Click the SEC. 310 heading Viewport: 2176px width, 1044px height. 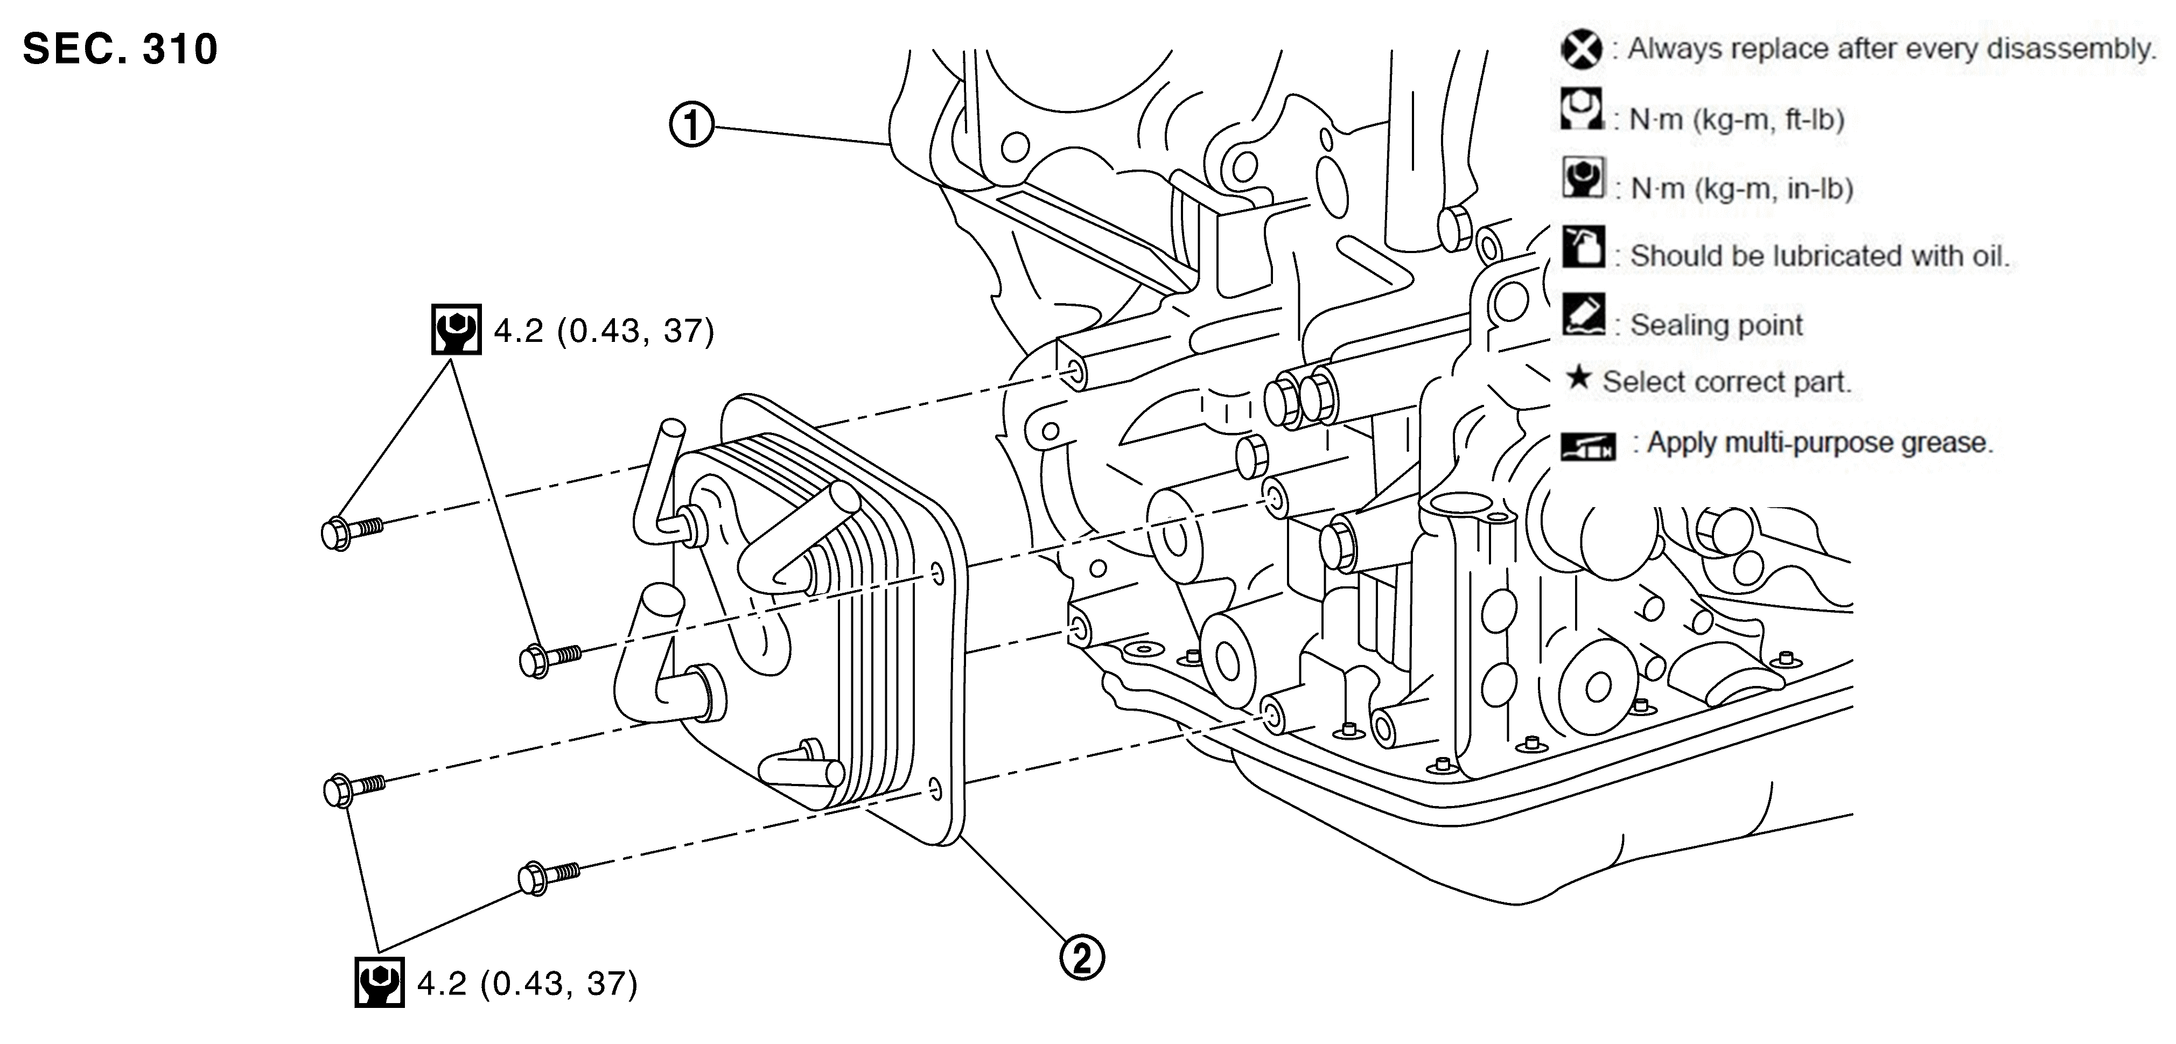(120, 49)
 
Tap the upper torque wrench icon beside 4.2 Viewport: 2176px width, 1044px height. (456, 330)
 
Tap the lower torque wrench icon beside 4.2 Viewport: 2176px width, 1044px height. (379, 982)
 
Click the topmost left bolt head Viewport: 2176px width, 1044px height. (336, 534)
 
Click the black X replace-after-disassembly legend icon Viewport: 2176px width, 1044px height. (1582, 49)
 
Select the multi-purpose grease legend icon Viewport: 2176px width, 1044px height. (1588, 445)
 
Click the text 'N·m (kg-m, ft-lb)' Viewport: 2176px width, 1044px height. (1736, 120)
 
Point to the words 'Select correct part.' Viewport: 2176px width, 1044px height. (1726, 382)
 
